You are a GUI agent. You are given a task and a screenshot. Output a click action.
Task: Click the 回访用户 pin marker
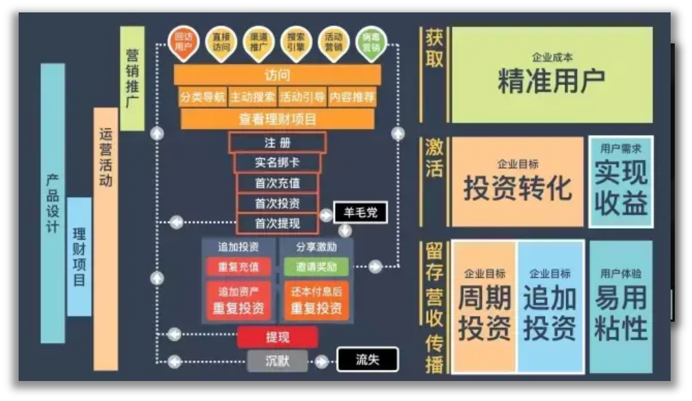point(183,43)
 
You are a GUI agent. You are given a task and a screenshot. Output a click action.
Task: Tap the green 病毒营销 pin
point(372,43)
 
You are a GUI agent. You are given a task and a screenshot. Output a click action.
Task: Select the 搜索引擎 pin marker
point(296,43)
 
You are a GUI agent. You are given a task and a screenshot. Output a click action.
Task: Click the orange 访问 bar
point(277,74)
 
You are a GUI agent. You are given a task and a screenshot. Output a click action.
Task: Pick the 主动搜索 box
point(252,96)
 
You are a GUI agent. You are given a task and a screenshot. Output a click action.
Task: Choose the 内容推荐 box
point(352,96)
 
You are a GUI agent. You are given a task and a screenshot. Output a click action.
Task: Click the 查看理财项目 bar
point(277,119)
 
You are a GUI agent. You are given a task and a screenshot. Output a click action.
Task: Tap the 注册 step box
point(277,143)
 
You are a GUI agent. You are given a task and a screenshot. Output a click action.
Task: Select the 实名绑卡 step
point(277,163)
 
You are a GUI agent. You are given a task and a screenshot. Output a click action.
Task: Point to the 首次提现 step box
point(277,223)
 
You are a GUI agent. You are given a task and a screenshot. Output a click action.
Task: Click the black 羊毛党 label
point(360,212)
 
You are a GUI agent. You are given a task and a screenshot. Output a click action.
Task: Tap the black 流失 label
point(367,360)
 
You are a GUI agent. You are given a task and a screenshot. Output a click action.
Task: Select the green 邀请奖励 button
point(316,267)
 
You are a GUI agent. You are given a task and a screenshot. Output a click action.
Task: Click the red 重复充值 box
point(238,267)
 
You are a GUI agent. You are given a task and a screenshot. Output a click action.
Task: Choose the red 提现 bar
point(277,338)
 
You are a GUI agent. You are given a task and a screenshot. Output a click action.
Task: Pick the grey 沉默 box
point(277,360)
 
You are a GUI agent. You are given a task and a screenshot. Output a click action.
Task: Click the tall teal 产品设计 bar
point(52,203)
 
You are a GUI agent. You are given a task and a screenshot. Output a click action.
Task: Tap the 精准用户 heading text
point(551,81)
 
